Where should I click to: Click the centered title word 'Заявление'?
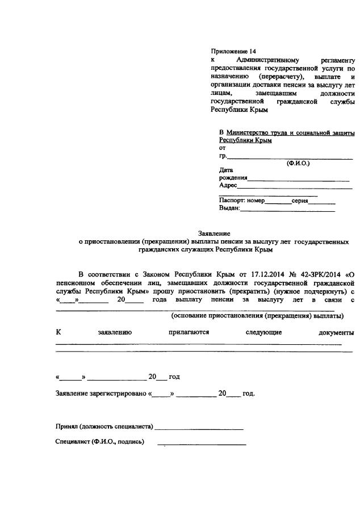[x=214, y=233]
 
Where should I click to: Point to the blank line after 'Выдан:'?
[x=287, y=208]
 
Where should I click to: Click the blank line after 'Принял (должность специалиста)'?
[x=199, y=425]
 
